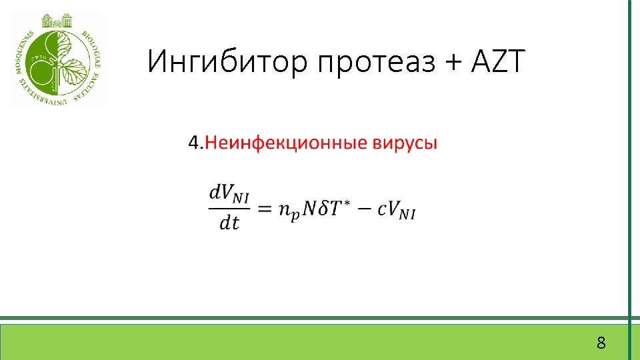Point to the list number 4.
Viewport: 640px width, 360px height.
click(x=195, y=143)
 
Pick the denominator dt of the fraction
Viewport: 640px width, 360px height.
click(x=229, y=223)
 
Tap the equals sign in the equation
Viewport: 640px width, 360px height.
click(x=265, y=209)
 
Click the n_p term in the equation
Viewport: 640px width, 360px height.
click(x=287, y=210)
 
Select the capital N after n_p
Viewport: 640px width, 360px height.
click(x=309, y=208)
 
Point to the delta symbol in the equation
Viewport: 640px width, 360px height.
click(x=327, y=208)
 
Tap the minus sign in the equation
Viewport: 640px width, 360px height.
click(x=366, y=209)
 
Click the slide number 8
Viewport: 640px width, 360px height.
click(x=601, y=344)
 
